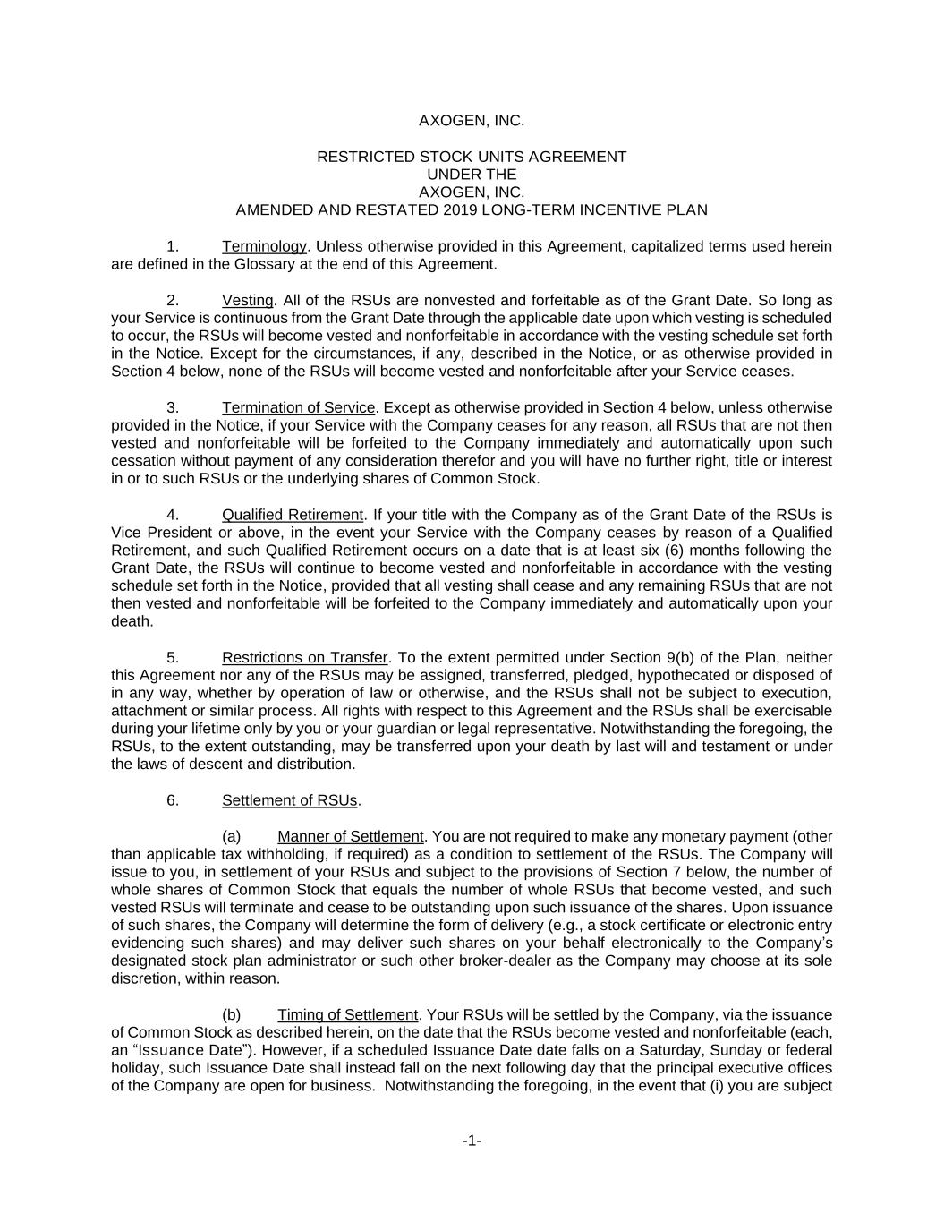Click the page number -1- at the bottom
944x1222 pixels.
472,1141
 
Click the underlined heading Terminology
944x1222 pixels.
264,246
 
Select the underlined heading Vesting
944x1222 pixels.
247,300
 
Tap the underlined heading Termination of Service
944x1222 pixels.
300,407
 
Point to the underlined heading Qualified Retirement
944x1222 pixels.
293,515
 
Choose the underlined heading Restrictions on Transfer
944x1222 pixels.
304,657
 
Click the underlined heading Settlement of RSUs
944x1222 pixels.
289,800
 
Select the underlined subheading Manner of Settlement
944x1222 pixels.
350,836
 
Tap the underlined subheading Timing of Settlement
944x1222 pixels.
347,1014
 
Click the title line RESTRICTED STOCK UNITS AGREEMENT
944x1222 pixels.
472,157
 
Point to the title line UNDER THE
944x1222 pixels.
472,175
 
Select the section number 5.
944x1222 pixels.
173,657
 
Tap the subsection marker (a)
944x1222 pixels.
231,836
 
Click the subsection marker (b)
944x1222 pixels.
231,1014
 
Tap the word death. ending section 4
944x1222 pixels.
132,621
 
